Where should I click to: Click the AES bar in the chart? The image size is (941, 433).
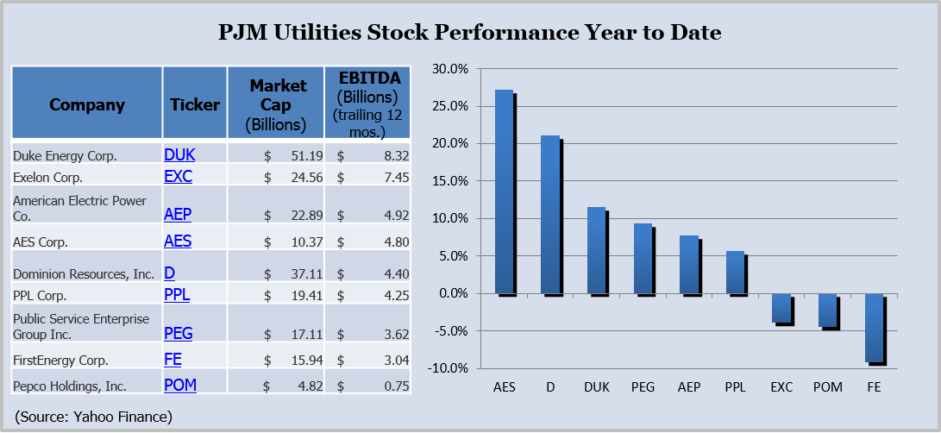pyautogui.click(x=505, y=191)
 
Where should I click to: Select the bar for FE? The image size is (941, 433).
pyautogui.click(x=873, y=328)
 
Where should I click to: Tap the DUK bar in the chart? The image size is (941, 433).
pyautogui.click(x=596, y=250)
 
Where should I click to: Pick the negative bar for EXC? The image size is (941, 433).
pyautogui.click(x=781, y=308)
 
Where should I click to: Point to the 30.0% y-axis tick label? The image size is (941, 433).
pyautogui.click(x=450, y=69)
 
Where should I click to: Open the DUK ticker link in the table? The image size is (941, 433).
pyautogui.click(x=179, y=154)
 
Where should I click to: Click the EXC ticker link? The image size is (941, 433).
pyautogui.click(x=178, y=177)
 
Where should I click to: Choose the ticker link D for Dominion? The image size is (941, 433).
pyautogui.click(x=169, y=273)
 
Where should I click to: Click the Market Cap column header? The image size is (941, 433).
pyautogui.click(x=277, y=104)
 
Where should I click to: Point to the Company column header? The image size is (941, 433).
pyautogui.click(x=87, y=105)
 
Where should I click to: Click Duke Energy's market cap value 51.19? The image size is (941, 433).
pyautogui.click(x=294, y=155)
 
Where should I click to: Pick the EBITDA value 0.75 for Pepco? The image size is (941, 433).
pyautogui.click(x=396, y=386)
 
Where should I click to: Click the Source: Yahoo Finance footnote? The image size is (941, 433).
pyautogui.click(x=94, y=417)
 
